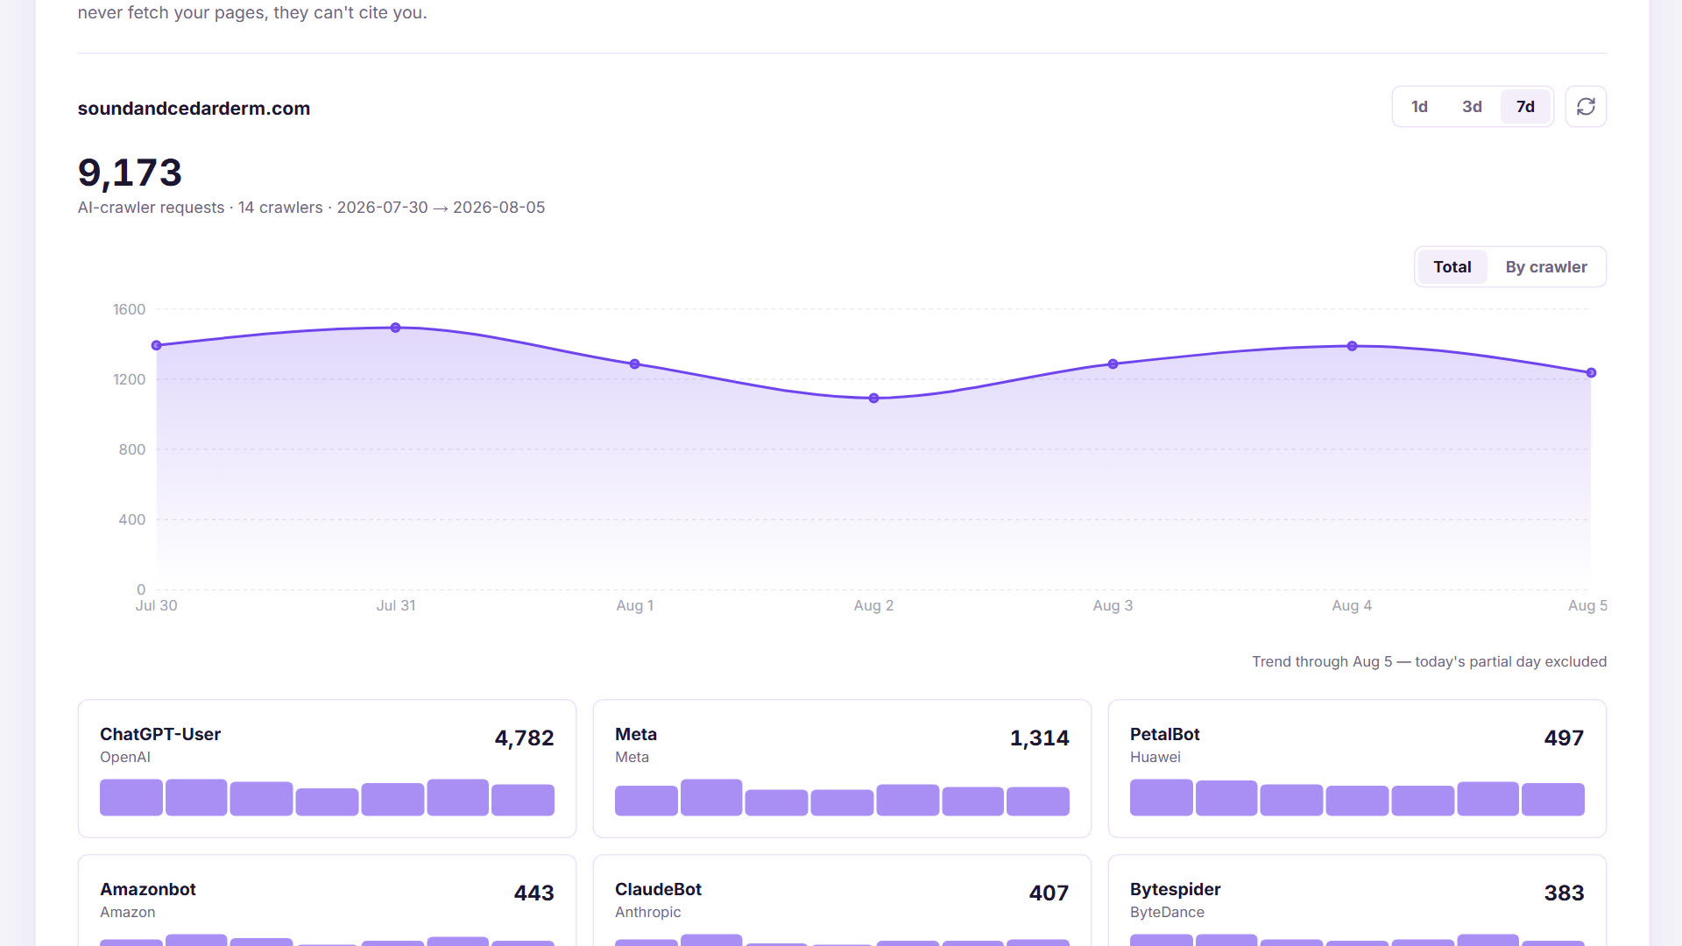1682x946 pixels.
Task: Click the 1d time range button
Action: pos(1419,107)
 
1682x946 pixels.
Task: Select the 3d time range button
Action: pos(1472,107)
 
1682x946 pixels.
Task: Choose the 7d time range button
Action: pos(1525,107)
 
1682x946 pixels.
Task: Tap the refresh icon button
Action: pos(1586,107)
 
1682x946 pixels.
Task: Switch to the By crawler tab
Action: pos(1546,267)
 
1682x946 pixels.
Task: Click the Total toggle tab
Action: pos(1452,267)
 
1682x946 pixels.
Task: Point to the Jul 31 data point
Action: pos(396,328)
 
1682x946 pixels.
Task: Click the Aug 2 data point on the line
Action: pos(873,399)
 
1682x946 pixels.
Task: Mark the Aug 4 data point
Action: pos(1352,346)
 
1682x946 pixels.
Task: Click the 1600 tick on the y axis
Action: pos(129,309)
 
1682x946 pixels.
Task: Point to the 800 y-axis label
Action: pos(131,449)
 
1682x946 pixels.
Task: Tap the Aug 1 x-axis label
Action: pos(634,605)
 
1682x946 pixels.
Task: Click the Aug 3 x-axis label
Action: pos(1113,605)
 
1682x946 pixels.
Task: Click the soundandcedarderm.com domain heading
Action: pos(194,109)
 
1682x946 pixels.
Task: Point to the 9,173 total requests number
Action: pos(130,173)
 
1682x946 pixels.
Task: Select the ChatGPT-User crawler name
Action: pos(160,734)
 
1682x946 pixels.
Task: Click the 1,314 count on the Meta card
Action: pos(1039,738)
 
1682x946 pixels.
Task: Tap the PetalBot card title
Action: pos(1164,734)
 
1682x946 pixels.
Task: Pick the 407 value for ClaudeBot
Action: pos(1049,893)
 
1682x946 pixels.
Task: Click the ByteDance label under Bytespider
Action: pos(1167,912)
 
